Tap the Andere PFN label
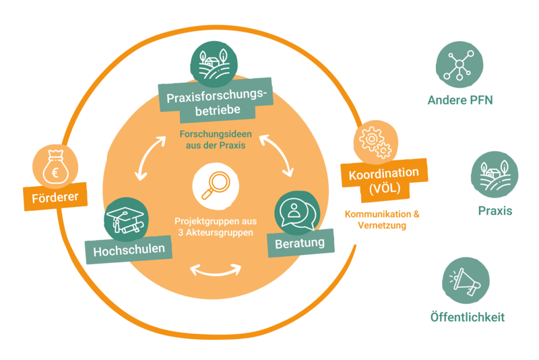point(462,102)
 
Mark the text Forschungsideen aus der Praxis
point(214,140)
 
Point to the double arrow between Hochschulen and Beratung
point(215,270)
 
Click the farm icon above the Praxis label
point(494,174)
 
